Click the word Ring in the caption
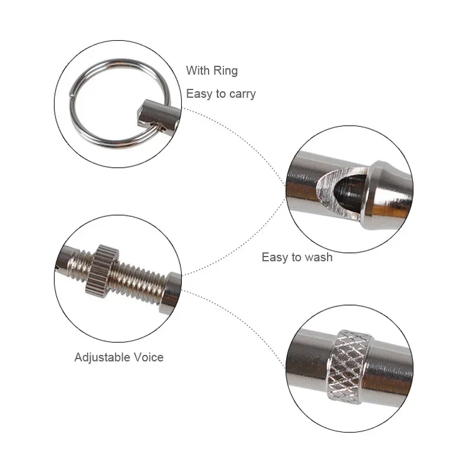tap(226, 71)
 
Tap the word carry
tap(242, 94)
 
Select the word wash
tap(319, 257)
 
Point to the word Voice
tap(149, 357)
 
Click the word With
tap(198, 71)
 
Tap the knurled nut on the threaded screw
tap(102, 271)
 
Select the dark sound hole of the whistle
tap(351, 192)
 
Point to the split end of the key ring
tap(72, 95)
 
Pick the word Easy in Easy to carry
tap(199, 94)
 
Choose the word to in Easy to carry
tap(220, 94)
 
